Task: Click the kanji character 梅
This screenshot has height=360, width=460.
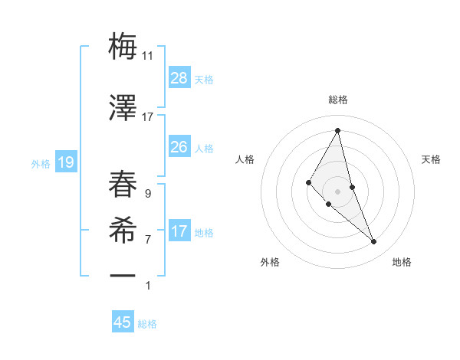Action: (123, 47)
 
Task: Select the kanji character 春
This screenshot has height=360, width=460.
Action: (123, 184)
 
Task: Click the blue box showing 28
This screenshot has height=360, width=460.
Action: (179, 78)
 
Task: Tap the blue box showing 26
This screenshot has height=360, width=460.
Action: (179, 147)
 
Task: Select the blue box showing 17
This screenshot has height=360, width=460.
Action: (179, 232)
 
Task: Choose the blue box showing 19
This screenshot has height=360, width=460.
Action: (65, 162)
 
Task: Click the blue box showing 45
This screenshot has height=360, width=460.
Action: (123, 322)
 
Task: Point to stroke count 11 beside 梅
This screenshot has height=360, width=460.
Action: (148, 56)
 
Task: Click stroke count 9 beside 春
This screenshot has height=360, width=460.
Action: (147, 194)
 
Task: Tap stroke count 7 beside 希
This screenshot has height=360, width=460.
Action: (147, 240)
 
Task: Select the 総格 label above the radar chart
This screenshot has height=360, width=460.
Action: (338, 100)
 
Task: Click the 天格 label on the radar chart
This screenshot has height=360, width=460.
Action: (431, 159)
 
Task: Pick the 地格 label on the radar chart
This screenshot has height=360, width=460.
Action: (402, 262)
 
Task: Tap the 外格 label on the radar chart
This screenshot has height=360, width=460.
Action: (270, 262)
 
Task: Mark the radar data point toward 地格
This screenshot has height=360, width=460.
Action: (374, 242)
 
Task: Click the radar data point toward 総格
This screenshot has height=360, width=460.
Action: (338, 130)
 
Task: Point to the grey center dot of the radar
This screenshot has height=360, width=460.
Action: (338, 191)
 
